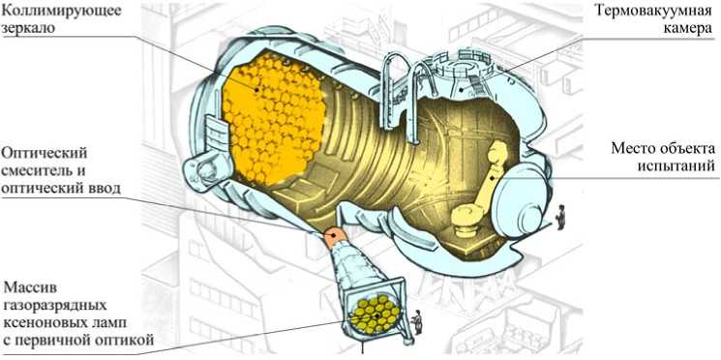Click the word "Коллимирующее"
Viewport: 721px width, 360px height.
(62, 10)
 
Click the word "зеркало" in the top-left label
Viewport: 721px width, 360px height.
(29, 28)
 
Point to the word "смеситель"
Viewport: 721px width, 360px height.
(37, 170)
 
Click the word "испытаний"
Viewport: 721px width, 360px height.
(676, 165)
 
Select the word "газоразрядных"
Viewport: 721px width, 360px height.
(55, 306)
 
